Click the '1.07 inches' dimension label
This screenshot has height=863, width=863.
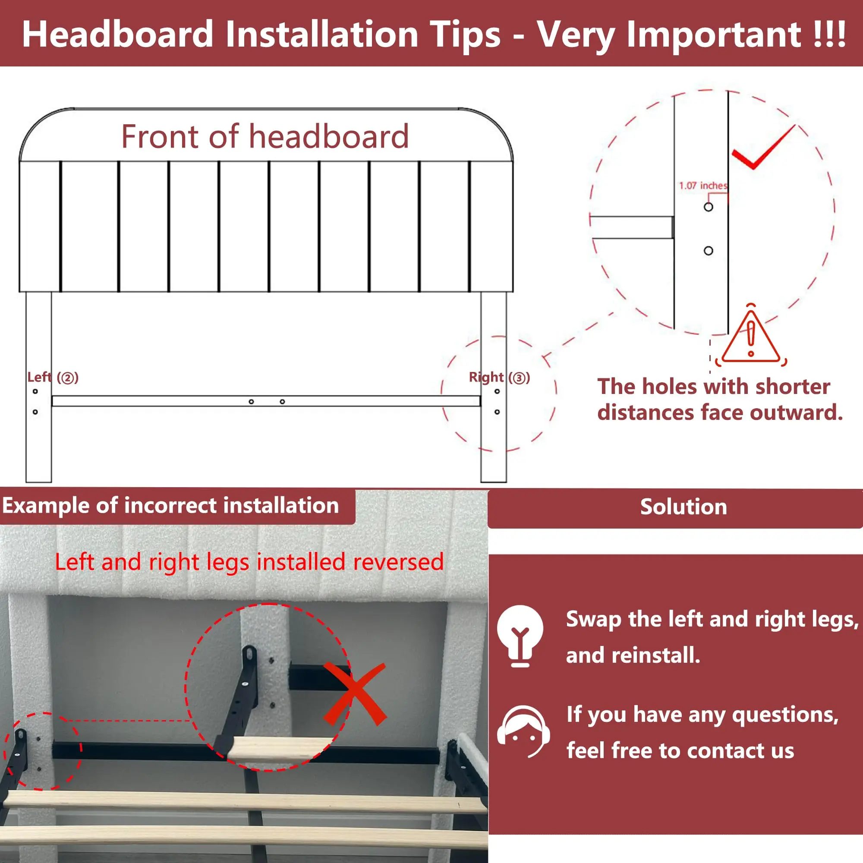(x=703, y=186)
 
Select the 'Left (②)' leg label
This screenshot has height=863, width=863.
(x=53, y=378)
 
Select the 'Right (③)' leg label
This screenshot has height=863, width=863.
(x=499, y=378)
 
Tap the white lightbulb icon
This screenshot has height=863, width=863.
(x=520, y=636)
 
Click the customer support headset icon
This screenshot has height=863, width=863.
(x=523, y=732)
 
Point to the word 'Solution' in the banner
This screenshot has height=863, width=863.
(x=683, y=507)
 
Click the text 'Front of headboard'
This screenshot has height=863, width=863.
(x=265, y=136)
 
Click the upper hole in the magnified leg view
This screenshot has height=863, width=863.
(x=709, y=207)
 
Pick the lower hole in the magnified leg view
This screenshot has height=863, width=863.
(x=709, y=251)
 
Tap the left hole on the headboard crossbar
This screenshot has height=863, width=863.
(x=252, y=402)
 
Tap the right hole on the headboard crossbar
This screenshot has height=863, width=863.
(x=282, y=402)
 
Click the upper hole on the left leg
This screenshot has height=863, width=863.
(x=35, y=391)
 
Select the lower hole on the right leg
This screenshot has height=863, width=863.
(x=497, y=412)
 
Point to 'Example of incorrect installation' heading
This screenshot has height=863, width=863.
(x=170, y=506)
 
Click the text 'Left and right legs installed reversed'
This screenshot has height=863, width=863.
(x=249, y=561)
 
